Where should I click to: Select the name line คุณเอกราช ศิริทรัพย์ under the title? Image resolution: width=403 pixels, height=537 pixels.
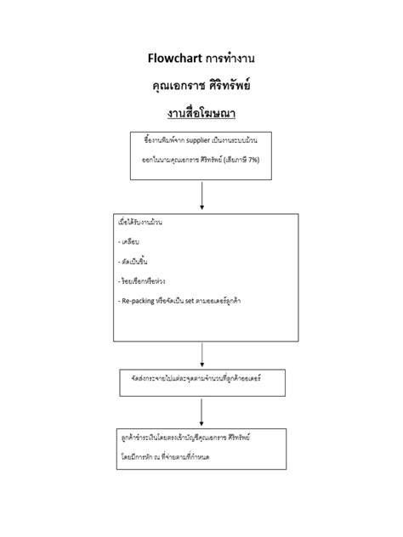(201, 86)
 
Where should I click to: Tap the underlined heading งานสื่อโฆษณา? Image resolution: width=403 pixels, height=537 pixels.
(201, 113)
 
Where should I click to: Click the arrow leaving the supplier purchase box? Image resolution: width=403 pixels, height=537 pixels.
(202, 195)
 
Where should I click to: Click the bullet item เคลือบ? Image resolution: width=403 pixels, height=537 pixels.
(129, 241)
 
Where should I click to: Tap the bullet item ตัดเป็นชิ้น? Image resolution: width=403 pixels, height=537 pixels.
(135, 261)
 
